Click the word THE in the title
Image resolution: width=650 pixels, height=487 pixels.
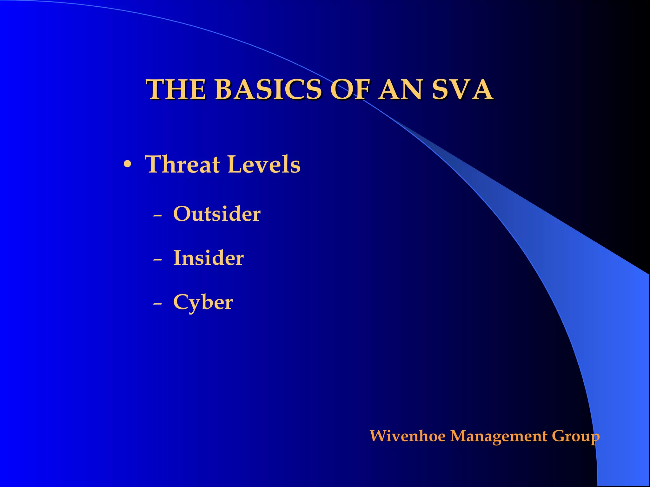tap(176, 90)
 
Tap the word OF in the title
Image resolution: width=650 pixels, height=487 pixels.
tap(350, 90)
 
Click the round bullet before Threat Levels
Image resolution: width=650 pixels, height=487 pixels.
tap(127, 165)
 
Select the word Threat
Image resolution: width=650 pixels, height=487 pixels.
tap(182, 165)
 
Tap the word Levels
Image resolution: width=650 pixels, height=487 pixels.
tap(264, 165)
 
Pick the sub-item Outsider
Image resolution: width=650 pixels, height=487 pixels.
tap(217, 214)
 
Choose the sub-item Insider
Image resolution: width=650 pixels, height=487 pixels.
tap(208, 258)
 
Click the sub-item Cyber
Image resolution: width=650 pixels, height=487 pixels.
tap(203, 302)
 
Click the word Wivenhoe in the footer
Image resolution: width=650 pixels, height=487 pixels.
tap(408, 436)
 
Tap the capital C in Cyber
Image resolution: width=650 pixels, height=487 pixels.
tap(181, 302)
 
